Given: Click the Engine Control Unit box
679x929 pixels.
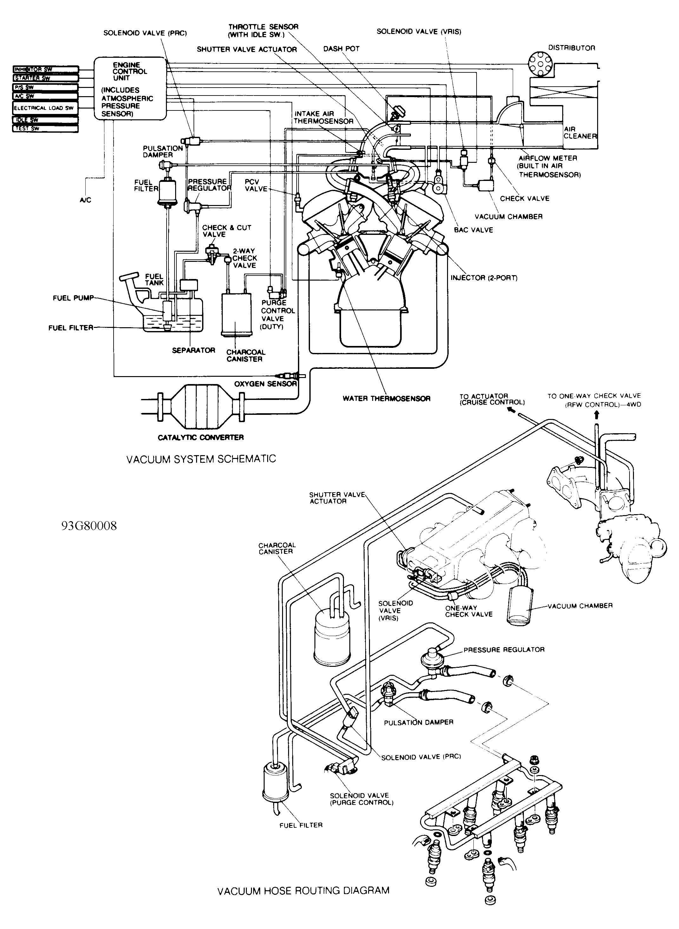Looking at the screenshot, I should click(x=129, y=88).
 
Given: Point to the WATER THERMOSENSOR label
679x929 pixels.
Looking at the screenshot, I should click(x=386, y=398).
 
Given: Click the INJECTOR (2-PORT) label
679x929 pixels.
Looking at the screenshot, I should click(x=484, y=278).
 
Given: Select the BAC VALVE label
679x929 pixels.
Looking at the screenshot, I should click(x=473, y=230).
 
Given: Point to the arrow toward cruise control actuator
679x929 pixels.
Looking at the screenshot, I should click(x=512, y=411).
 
